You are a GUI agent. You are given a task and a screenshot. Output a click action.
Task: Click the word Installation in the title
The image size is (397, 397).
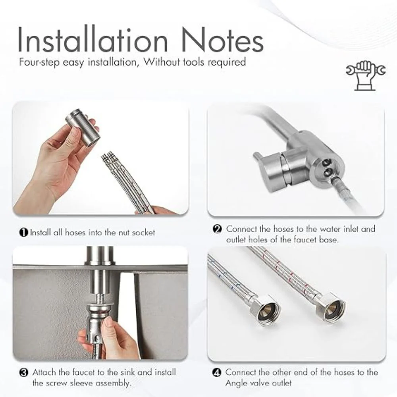tap(93, 39)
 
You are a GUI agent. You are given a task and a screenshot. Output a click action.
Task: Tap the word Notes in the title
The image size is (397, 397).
tap(223, 39)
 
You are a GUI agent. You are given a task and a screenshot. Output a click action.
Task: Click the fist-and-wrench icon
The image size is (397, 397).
tap(366, 75)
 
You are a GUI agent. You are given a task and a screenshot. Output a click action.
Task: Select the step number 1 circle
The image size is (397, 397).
tap(23, 232)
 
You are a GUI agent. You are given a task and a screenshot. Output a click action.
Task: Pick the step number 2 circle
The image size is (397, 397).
tap(217, 229)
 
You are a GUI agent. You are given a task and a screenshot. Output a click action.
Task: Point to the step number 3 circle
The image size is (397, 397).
tap(23, 372)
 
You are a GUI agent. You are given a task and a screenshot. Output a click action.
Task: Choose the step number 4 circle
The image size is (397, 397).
tap(217, 372)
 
